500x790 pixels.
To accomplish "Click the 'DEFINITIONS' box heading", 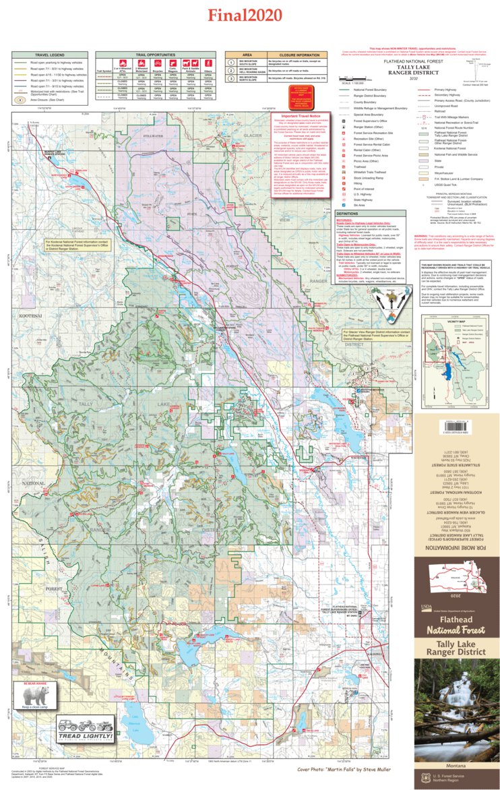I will click(352, 213).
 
